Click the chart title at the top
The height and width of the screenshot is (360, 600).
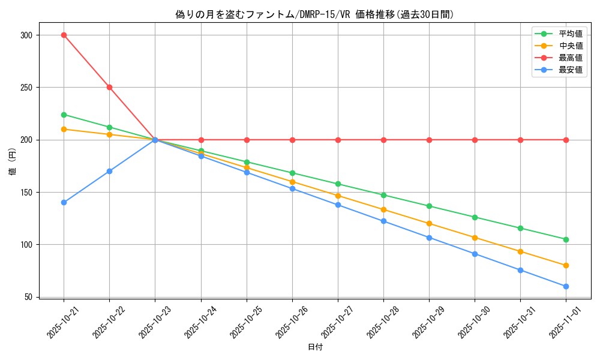tap(314, 14)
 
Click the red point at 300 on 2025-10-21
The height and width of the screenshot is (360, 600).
tap(64, 35)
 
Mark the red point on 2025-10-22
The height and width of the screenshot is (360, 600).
tap(109, 87)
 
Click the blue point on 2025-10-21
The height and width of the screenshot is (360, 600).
tap(64, 202)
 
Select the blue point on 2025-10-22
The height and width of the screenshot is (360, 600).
tap(109, 171)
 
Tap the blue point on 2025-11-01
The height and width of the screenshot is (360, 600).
tap(566, 286)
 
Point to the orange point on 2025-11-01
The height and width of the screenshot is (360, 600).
tap(566, 265)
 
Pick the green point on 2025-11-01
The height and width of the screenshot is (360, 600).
tap(566, 239)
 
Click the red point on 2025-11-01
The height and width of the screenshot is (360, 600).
tap(566, 140)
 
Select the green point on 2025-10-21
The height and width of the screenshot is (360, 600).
tap(64, 115)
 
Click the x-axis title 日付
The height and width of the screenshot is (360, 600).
tap(314, 347)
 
